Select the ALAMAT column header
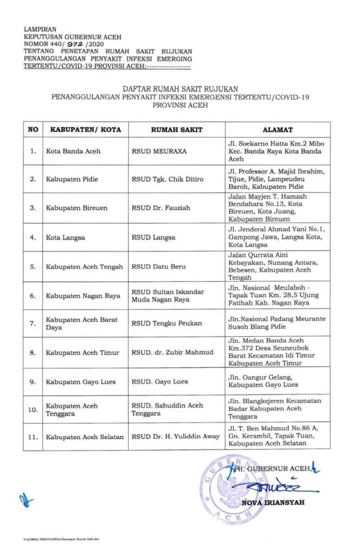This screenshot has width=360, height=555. tap(278, 130)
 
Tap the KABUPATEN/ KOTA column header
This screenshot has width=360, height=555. tap(86, 130)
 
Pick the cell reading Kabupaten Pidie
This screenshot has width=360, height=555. tap(72, 179)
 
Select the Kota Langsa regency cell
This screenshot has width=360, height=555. tap(66, 237)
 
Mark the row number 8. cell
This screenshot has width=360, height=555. tap(33, 352)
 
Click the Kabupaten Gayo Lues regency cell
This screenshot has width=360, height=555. tap(81, 382)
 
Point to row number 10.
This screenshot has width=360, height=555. tap(33, 410)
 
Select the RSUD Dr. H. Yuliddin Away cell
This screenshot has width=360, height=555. tap(175, 437)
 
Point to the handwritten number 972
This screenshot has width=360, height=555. tap(83, 44)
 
